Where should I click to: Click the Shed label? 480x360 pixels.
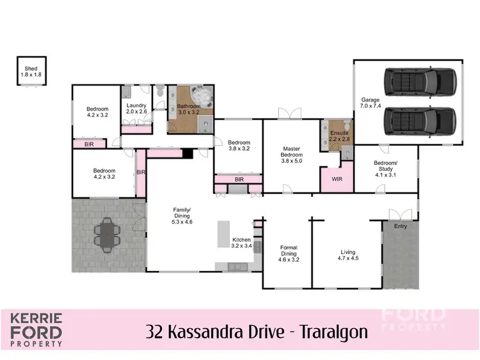click(31, 71)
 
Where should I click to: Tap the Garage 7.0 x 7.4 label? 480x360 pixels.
click(371, 104)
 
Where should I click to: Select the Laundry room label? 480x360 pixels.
click(136, 109)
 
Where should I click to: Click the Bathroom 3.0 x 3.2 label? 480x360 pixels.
click(189, 109)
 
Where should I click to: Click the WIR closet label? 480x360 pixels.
click(337, 179)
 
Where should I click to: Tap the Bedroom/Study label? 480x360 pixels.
click(386, 166)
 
